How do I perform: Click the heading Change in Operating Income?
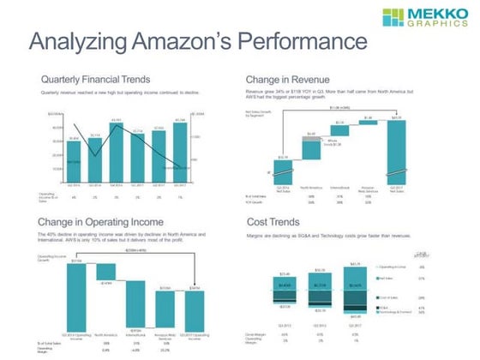(x=111, y=225)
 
